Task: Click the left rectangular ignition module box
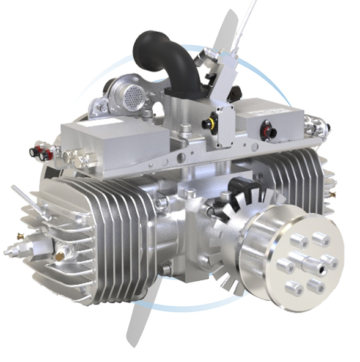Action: pyautogui.click(x=116, y=144)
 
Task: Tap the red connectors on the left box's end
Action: pyautogui.click(x=43, y=153)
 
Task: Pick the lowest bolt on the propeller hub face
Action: pyautogui.click(x=295, y=288)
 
